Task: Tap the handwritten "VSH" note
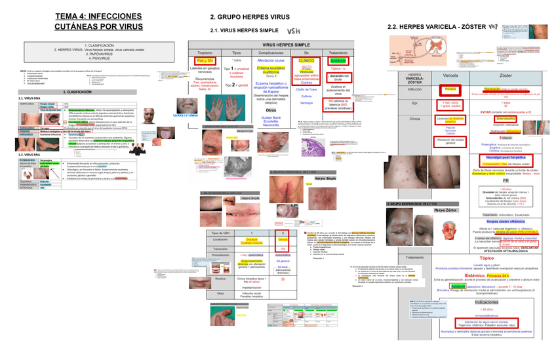tap(293, 30)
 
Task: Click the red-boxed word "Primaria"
tap(449, 89)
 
